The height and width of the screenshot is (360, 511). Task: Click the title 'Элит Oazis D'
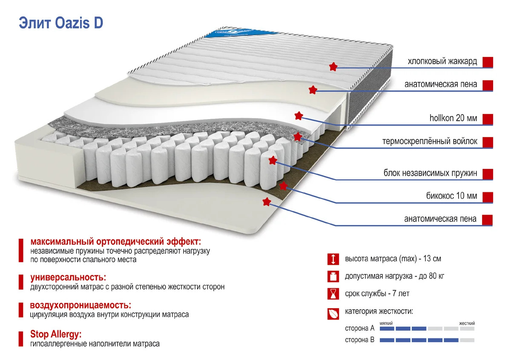61,23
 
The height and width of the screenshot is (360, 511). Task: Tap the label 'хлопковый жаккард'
442,61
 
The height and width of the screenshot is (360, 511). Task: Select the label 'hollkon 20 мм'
453,118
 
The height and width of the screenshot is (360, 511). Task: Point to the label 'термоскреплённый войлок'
430,141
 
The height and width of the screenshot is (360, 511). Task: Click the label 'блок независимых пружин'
430,173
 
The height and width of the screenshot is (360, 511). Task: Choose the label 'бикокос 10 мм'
452,196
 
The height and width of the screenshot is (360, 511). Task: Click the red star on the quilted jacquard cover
333,66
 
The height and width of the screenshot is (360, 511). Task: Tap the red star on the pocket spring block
273,160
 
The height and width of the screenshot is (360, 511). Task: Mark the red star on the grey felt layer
298,137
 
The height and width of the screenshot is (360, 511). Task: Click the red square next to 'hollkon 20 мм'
488,119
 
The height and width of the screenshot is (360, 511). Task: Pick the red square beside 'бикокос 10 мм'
488,197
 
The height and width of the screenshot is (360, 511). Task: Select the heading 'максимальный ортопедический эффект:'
116,241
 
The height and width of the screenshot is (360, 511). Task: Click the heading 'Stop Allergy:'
56,334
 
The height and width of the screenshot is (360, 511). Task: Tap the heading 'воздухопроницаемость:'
80,305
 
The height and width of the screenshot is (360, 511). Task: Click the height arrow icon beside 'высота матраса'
333,259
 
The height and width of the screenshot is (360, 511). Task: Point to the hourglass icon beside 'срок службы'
333,294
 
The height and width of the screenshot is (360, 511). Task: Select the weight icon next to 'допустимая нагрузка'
333,276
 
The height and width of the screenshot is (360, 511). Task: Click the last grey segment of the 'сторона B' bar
467,340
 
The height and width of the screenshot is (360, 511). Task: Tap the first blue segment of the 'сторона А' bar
387,329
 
